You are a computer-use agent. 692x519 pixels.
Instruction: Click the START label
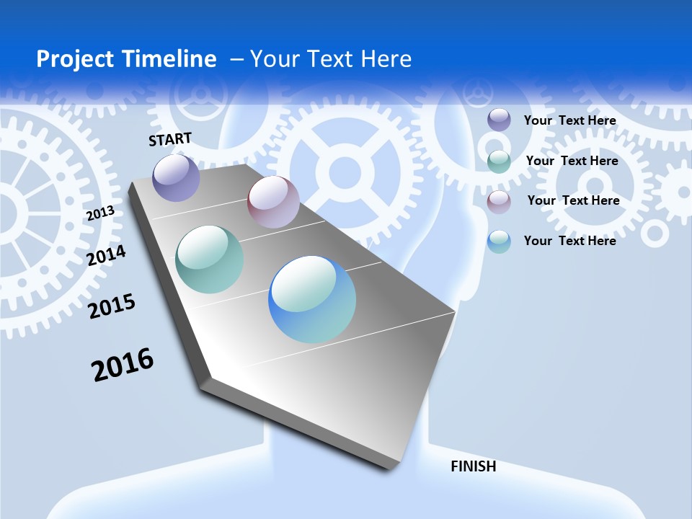pyautogui.click(x=170, y=139)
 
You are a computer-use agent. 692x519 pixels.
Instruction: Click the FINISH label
pyautogui.click(x=474, y=466)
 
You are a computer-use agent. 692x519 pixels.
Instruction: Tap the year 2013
pyautogui.click(x=100, y=213)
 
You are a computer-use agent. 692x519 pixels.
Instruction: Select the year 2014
pyautogui.click(x=107, y=255)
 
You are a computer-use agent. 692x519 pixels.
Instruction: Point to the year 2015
pyautogui.click(x=112, y=307)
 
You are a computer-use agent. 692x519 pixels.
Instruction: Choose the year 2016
pyautogui.click(x=123, y=364)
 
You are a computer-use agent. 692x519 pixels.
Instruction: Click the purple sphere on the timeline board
pyautogui.click(x=176, y=177)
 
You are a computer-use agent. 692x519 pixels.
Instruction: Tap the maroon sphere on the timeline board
pyautogui.click(x=273, y=202)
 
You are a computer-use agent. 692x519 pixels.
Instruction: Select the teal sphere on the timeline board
pyautogui.click(x=210, y=259)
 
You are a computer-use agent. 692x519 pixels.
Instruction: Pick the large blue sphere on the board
pyautogui.click(x=312, y=299)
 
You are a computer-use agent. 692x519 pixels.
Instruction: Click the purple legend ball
pyautogui.click(x=499, y=120)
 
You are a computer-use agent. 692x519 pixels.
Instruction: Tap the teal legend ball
pyautogui.click(x=499, y=161)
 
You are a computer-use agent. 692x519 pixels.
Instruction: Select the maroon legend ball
pyautogui.click(x=499, y=200)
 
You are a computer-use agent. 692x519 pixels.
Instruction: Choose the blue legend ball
pyautogui.click(x=499, y=241)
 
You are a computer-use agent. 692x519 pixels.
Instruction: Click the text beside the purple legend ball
pyautogui.click(x=569, y=120)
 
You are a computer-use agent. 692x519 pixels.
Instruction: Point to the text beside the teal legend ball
pyautogui.click(x=572, y=161)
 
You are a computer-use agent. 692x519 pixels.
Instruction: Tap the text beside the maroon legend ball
pyautogui.click(x=573, y=200)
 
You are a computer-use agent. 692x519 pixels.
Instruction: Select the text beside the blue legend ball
pyautogui.click(x=569, y=241)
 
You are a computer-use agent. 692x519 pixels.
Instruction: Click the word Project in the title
pyautogui.click(x=71, y=59)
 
